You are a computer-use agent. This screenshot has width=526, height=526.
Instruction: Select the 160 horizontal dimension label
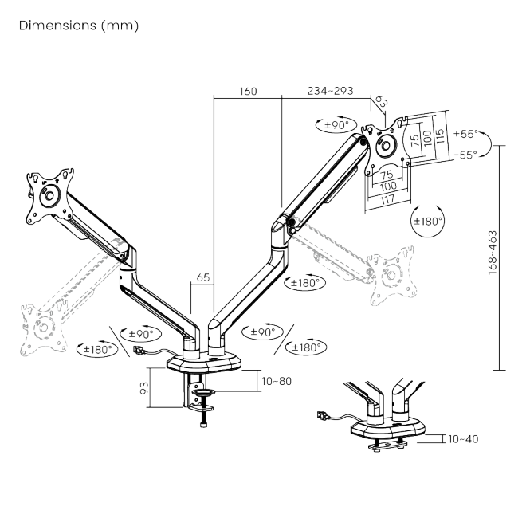point(248,91)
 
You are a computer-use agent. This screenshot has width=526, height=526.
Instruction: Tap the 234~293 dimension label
point(329,91)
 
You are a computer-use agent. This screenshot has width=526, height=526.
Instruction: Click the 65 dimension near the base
point(202,278)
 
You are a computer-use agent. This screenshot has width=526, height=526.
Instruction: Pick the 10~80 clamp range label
point(276,381)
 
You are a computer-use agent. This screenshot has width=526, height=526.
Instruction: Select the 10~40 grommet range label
point(462,438)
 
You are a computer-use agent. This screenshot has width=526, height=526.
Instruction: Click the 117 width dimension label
point(387,199)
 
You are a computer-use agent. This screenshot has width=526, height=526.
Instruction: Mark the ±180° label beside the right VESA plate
point(428,221)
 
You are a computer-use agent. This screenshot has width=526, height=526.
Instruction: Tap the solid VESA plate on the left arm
point(49,194)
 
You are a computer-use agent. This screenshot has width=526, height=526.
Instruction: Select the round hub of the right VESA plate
point(387,147)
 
